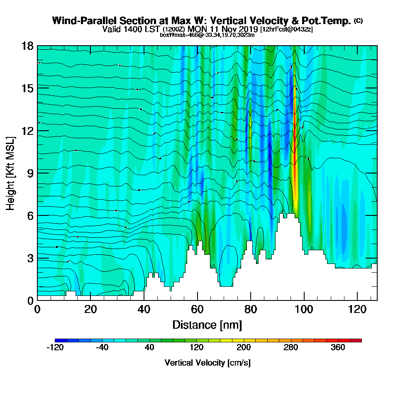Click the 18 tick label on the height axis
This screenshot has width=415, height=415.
[x=27, y=46]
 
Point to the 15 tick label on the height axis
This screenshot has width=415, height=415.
[x=27, y=88]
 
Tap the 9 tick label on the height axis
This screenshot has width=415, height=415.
[x=30, y=173]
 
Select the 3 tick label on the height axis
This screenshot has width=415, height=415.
[x=30, y=258]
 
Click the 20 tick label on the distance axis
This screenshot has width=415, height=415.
[x=90, y=309]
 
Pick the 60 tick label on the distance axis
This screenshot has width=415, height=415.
[x=197, y=309]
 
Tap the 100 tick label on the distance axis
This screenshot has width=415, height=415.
[x=304, y=309]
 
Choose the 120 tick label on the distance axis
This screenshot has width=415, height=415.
[x=357, y=309]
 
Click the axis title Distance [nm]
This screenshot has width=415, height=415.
[x=207, y=325]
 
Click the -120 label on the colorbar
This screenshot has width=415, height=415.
[x=55, y=348]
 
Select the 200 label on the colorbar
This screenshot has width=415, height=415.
[x=244, y=348]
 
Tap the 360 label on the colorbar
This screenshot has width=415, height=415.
[x=338, y=348]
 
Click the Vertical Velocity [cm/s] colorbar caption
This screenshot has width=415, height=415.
[x=207, y=363]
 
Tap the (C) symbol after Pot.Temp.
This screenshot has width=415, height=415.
[x=358, y=20]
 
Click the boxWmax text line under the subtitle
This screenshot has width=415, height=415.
[x=207, y=35]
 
